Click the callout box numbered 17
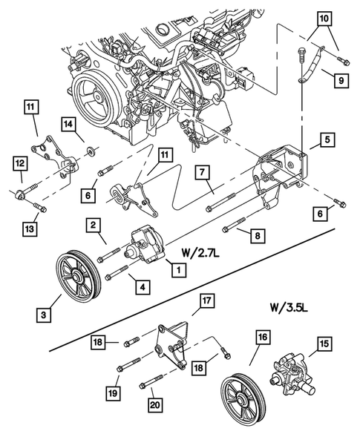pyautogui.click(x=206, y=300)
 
